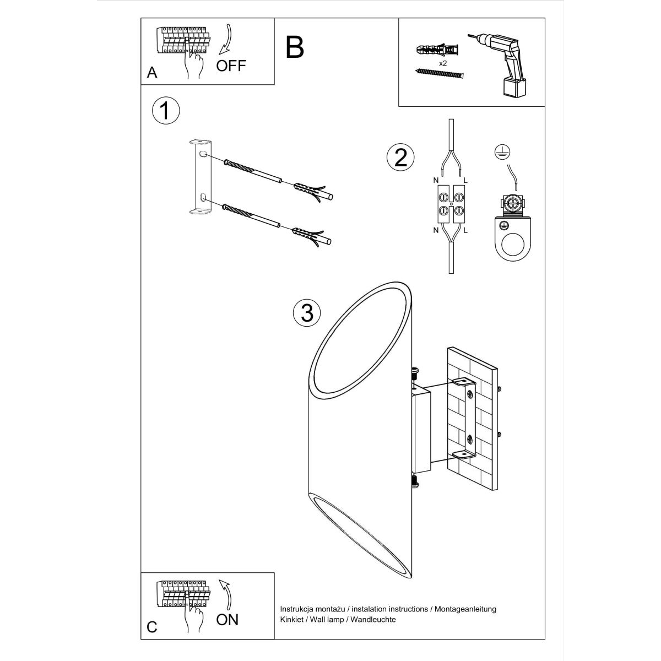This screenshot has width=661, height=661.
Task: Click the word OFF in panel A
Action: [x=231, y=66]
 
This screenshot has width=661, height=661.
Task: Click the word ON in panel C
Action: [x=227, y=619]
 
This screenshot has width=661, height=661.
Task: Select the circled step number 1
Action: [x=165, y=110]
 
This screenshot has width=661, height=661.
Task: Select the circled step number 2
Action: [x=400, y=157]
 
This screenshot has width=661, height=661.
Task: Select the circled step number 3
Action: [x=307, y=312]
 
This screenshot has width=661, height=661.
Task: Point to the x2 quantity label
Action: [x=442, y=63]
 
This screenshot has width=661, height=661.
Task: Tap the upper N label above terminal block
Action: [x=436, y=180]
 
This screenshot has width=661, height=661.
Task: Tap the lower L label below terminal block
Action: [x=465, y=230]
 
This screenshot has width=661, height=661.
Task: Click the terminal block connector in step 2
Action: [x=451, y=203]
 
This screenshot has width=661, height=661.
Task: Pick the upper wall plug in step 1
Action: [x=311, y=191]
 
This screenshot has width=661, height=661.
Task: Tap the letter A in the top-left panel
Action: [x=152, y=73]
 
